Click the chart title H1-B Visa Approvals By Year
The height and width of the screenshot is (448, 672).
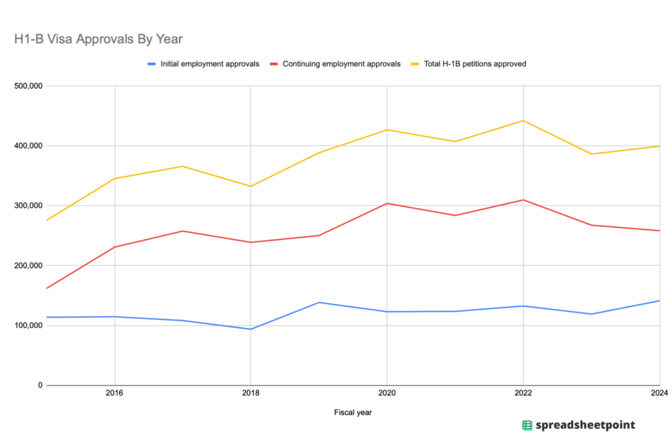(98, 39)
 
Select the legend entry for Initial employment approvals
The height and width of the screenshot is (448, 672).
(209, 64)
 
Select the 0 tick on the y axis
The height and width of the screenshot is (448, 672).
(39, 385)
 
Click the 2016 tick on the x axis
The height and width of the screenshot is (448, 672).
(115, 394)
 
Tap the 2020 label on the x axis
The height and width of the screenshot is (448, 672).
(387, 394)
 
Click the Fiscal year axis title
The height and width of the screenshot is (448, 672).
(353, 413)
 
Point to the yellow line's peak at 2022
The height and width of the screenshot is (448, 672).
(523, 121)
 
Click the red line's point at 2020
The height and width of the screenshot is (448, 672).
(387, 203)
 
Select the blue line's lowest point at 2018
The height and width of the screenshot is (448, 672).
(251, 329)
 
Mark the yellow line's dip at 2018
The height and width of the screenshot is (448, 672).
(251, 186)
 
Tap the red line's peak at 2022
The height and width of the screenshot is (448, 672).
(523, 199)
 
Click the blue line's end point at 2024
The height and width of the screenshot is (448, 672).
(659, 300)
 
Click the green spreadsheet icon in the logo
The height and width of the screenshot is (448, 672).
(527, 425)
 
